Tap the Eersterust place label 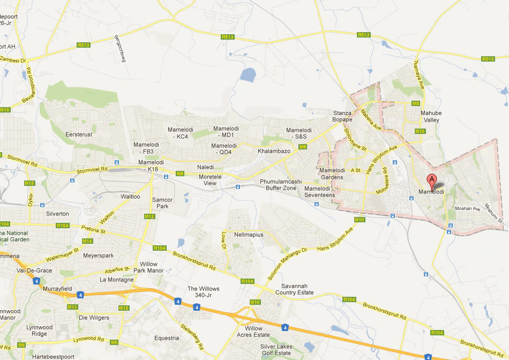point(78,134)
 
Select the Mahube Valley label point(430,117)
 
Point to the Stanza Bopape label point(342,116)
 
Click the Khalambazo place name point(274,152)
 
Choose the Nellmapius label point(249,235)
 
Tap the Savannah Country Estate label point(294,289)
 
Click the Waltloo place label point(130,197)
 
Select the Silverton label point(58,214)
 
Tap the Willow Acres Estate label point(253,332)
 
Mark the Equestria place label point(167,338)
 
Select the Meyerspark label point(98,256)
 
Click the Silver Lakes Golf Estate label point(276,350)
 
